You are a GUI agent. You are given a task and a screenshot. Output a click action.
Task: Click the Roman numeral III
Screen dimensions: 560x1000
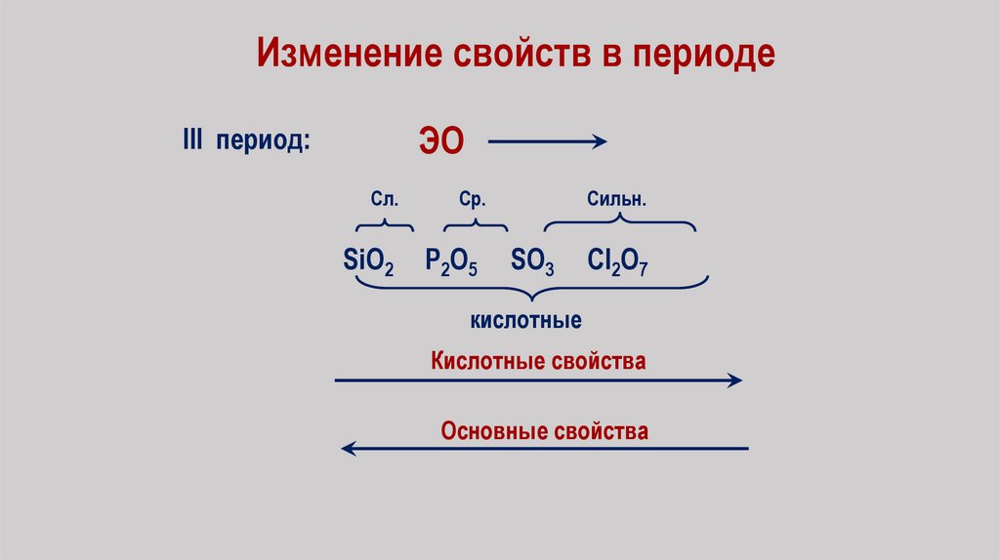(191, 140)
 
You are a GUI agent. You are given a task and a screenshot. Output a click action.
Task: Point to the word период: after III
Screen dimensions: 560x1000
(265, 142)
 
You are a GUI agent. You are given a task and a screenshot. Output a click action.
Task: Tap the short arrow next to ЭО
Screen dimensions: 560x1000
(547, 141)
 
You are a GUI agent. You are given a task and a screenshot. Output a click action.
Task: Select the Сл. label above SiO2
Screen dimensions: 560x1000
(384, 199)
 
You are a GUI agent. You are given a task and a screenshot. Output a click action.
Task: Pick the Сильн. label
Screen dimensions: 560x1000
(617, 199)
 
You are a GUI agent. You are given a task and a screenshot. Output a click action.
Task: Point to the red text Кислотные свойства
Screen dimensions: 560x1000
(538, 361)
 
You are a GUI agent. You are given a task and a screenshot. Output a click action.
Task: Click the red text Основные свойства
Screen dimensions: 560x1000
(544, 430)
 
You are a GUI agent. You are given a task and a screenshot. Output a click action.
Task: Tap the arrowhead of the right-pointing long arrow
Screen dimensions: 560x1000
(735, 380)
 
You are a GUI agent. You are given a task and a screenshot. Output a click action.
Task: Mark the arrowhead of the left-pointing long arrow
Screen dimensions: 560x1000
(348, 448)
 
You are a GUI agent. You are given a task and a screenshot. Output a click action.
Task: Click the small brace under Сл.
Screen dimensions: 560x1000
(384, 225)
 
